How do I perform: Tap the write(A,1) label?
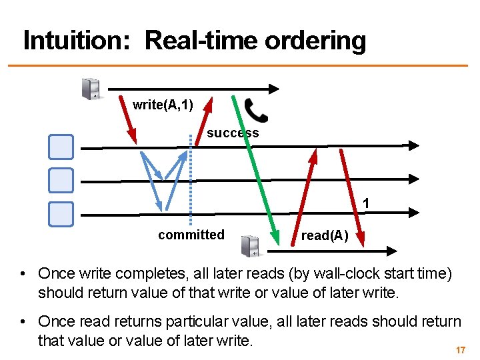(x=163, y=105)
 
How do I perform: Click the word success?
(x=233, y=133)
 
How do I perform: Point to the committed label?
(x=191, y=235)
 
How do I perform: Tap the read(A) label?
(x=324, y=235)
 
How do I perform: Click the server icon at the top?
(x=91, y=89)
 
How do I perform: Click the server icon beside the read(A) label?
(x=250, y=245)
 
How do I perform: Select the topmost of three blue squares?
(x=61, y=147)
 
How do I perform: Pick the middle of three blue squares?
(x=61, y=179)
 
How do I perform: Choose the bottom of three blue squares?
(x=61, y=213)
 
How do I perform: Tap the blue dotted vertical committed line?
(x=191, y=180)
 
